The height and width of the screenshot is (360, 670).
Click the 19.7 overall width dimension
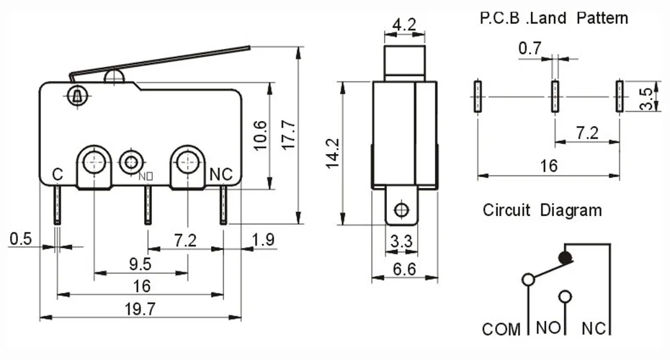coord(140,309)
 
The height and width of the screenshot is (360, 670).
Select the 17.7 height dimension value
coord(289,135)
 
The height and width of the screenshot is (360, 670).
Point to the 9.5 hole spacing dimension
coord(140,264)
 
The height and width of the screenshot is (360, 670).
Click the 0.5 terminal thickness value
coord(20,239)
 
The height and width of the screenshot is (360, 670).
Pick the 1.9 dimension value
coord(263,240)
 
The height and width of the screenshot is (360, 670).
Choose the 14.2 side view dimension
coord(332,153)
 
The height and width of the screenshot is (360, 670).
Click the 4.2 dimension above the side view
coord(403,24)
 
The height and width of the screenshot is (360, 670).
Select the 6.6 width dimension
coord(404,269)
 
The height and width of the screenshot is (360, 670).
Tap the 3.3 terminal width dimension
coord(401,242)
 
